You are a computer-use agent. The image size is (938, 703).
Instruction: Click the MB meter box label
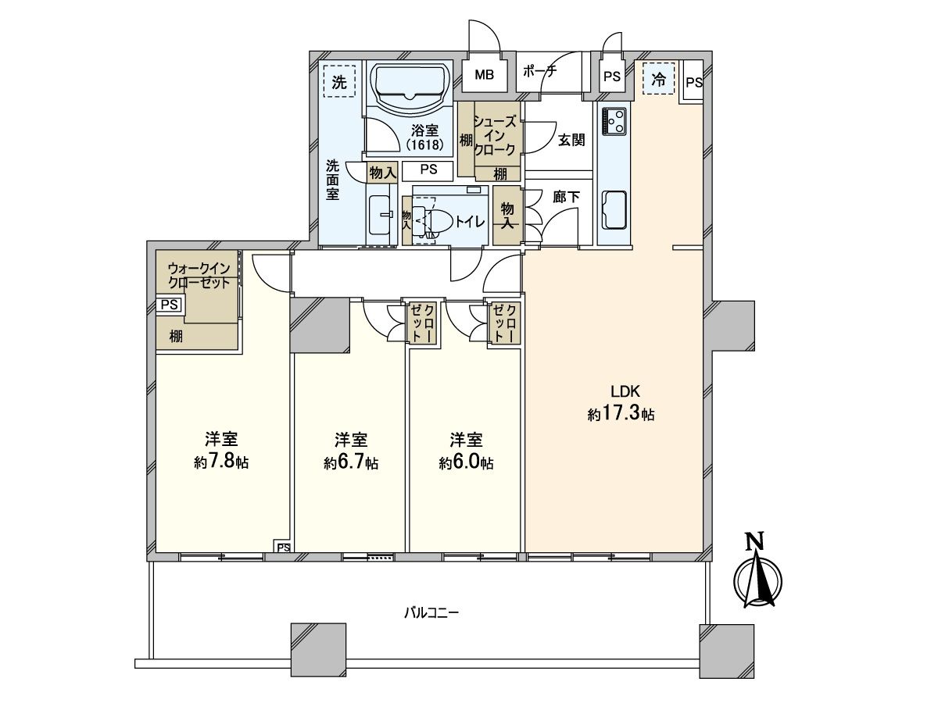coord(485,76)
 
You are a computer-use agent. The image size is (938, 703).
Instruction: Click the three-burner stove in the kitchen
coord(615,120)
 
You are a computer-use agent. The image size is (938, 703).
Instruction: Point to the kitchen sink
coord(615,209)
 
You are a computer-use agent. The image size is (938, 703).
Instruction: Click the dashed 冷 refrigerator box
coord(659,78)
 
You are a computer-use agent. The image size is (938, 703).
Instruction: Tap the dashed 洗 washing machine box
coord(339,81)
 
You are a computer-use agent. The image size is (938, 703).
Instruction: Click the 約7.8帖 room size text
coord(221,462)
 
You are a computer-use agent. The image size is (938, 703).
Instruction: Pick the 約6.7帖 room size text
coord(352,462)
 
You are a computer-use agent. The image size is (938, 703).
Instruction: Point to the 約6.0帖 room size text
coord(466,462)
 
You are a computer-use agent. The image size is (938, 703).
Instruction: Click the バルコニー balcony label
coord(431,613)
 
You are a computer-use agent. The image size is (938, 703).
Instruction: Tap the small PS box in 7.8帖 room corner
coord(283,548)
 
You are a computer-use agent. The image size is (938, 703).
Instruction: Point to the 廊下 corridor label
coord(567,197)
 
